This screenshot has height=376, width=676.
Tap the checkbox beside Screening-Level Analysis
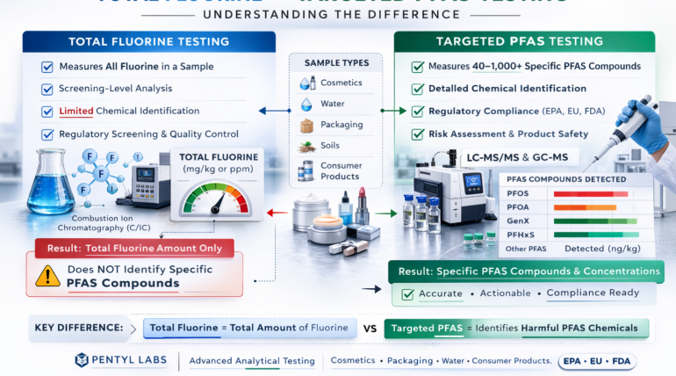(47, 90)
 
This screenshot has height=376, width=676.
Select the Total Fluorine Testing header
(148, 41)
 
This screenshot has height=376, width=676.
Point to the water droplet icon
(306, 104)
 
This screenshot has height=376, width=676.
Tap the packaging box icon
(306, 125)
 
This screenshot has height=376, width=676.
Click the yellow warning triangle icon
(47, 276)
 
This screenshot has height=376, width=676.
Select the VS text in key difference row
(370, 329)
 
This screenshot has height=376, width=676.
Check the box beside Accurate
(407, 294)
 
